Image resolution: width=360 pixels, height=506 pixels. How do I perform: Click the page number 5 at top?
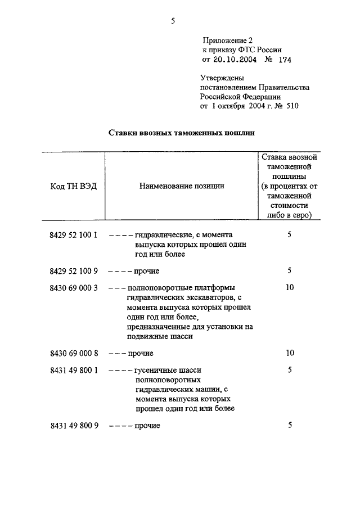[x=174, y=21]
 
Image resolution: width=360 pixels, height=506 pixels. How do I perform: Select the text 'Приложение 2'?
[x=228, y=40]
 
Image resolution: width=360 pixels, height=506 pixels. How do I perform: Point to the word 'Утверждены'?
[x=223, y=79]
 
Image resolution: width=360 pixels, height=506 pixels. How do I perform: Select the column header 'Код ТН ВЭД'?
[x=70, y=186]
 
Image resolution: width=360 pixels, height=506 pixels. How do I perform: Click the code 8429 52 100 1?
[x=74, y=234]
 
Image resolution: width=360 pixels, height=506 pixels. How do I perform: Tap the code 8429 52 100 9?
[x=74, y=271]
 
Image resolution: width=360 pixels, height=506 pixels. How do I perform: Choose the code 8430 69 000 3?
[x=74, y=288]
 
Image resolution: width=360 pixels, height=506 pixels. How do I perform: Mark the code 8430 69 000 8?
[x=74, y=353]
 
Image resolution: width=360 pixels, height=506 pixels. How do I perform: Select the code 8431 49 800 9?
[x=74, y=426]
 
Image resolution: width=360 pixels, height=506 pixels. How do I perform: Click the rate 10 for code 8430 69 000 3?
[x=290, y=288]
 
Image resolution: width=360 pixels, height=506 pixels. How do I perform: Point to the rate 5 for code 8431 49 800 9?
[x=290, y=426]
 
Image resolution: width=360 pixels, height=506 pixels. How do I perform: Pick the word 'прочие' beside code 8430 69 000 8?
[x=141, y=353]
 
